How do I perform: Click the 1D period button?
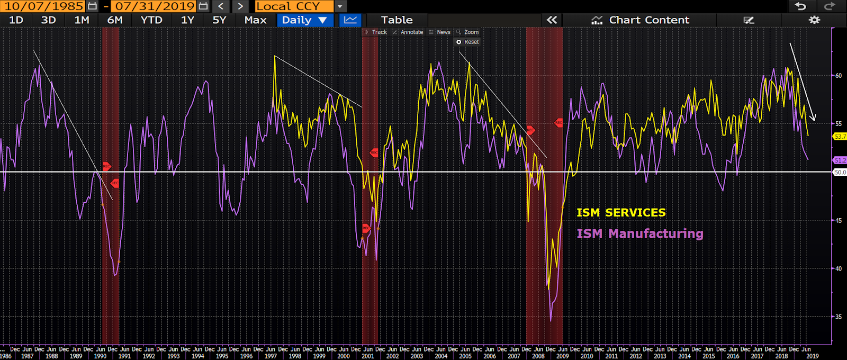pos(16,20)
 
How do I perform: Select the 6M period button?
pos(114,20)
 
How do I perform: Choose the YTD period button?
pos(151,20)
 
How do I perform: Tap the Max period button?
pos(255,20)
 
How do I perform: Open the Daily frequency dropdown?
pos(304,20)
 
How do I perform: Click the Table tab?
pos(397,20)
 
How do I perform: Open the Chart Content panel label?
pos(649,20)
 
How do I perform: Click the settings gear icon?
pos(814,20)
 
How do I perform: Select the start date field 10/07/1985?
pos(44,6)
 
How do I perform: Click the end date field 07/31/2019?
pos(155,6)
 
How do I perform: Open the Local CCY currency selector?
pos(294,6)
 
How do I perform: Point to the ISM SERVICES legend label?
pos(621,213)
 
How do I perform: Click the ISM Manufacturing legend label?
pos(639,233)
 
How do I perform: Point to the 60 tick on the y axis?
pos(839,76)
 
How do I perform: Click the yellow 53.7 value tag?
pos(840,137)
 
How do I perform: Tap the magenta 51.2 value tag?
pos(840,160)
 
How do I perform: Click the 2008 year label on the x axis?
pos(538,356)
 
